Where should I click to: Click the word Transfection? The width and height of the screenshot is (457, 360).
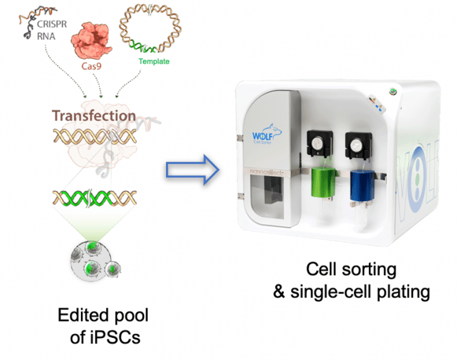(x=93, y=115)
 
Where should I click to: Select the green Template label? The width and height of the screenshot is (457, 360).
(x=154, y=61)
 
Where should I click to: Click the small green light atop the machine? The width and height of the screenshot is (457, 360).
(x=392, y=90)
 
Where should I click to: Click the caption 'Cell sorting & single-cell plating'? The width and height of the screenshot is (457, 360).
(x=351, y=280)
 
